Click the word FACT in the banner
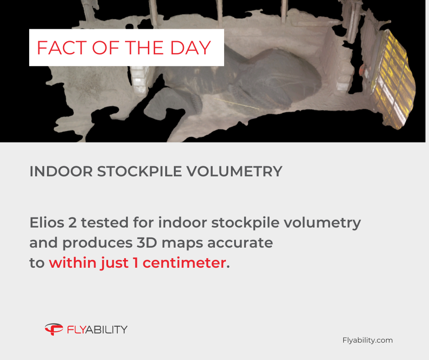pyautogui.click(x=62, y=48)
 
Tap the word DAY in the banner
pyautogui.click(x=190, y=48)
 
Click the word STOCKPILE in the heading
pyautogui.click(x=140, y=171)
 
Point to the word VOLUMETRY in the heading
pyautogui.click(x=235, y=171)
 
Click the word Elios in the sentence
pyautogui.click(x=47, y=222)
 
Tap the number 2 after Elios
pyautogui.click(x=73, y=222)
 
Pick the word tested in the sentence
pyautogui.click(x=105, y=222)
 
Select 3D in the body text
pyautogui.click(x=146, y=243)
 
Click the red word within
pyautogui.click(x=72, y=263)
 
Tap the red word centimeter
pyautogui.click(x=184, y=263)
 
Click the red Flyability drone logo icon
pyautogui.click(x=54, y=329)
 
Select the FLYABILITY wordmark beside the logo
pyautogui.click(x=97, y=329)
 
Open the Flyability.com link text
pyautogui.click(x=367, y=340)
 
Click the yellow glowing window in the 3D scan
pyautogui.click(x=393, y=79)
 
